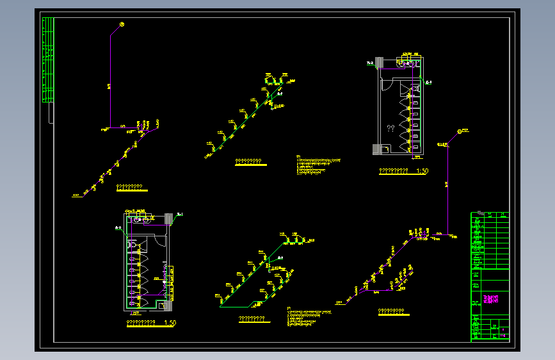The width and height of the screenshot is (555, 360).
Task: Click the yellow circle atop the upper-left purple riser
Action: click(122, 24)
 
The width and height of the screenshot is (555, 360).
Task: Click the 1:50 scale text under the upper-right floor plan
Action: click(422, 171)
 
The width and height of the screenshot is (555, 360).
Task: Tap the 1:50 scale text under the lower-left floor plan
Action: click(170, 323)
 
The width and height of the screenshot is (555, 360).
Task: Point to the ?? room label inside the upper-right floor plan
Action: click(390, 129)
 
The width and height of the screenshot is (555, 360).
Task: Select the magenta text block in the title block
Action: click(494, 299)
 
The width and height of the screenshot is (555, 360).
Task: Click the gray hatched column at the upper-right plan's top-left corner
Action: click(378, 62)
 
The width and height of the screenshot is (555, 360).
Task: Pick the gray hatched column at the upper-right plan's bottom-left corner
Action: click(378, 149)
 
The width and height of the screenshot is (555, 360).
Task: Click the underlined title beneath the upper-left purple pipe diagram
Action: click(130, 188)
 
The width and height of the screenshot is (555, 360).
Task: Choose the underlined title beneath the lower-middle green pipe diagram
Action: click(252, 319)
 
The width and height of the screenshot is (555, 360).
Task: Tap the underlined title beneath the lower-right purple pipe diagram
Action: click(392, 312)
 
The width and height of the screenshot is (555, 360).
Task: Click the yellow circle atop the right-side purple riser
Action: click(459, 131)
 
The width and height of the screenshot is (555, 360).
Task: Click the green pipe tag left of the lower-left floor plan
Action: click(118, 227)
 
